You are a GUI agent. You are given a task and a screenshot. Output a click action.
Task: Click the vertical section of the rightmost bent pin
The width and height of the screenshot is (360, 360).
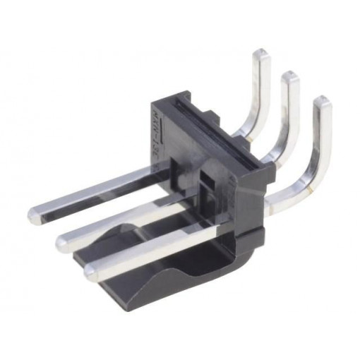321,141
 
